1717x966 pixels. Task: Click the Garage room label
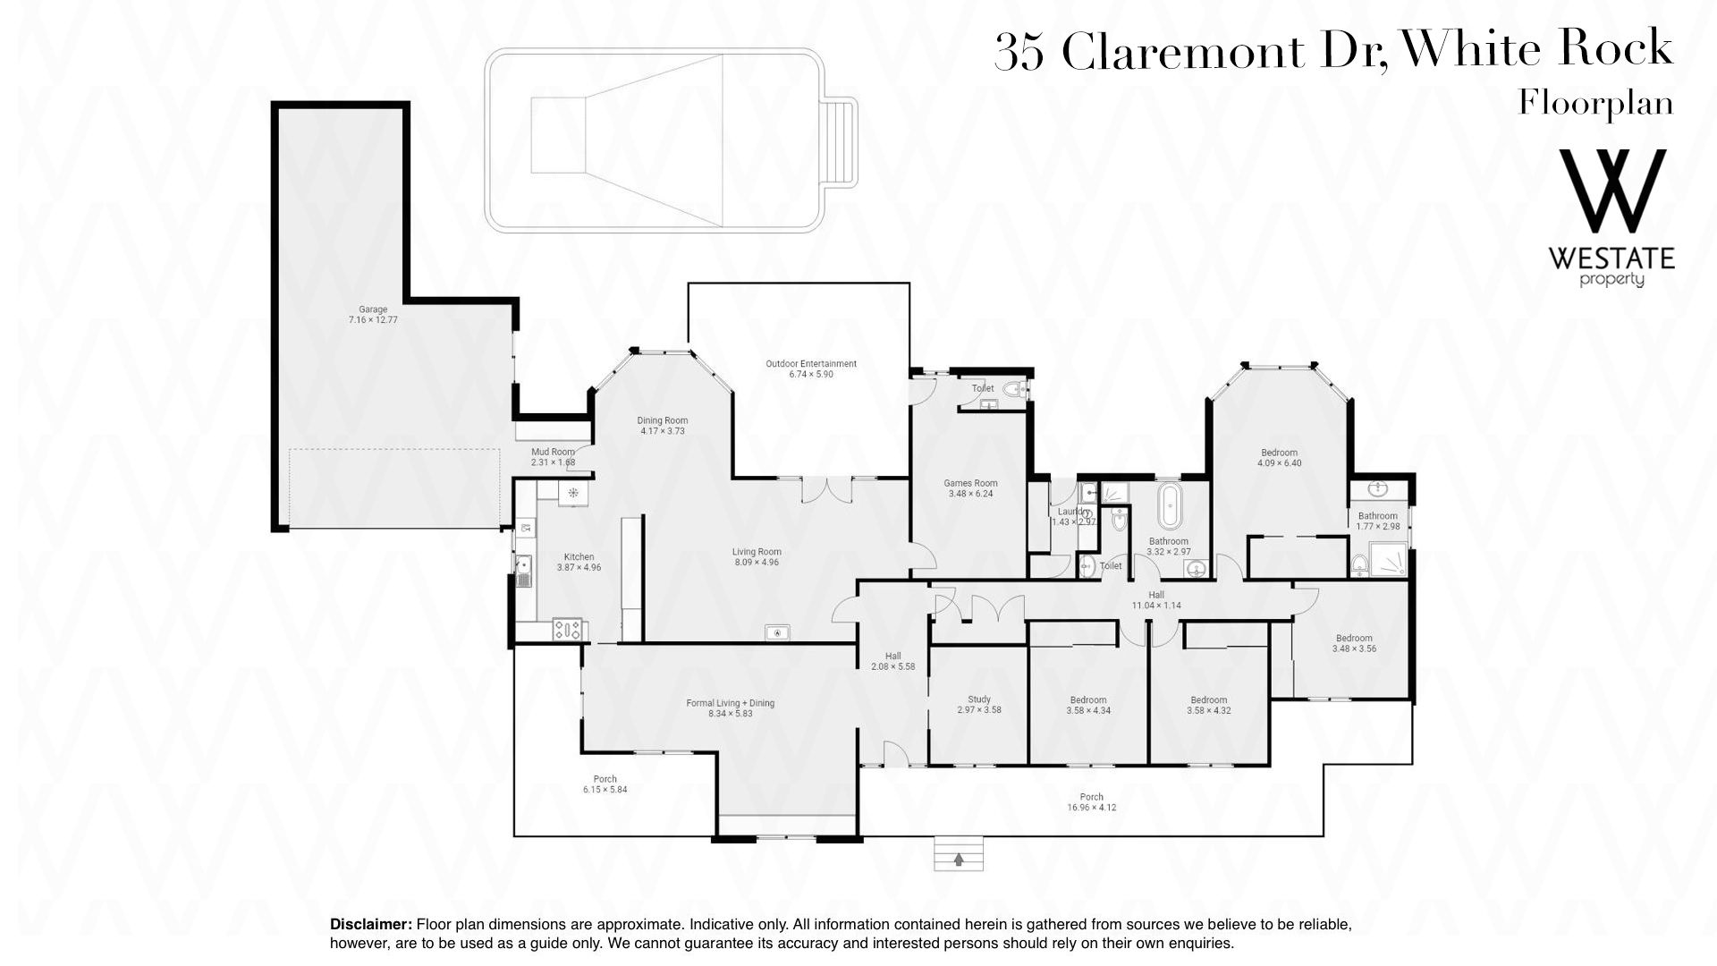(x=373, y=309)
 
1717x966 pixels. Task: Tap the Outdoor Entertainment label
(x=811, y=364)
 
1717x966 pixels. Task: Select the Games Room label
(x=970, y=483)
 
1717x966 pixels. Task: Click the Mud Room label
(x=553, y=452)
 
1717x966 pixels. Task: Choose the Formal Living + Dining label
(x=731, y=703)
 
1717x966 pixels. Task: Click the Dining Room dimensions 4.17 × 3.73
(x=663, y=431)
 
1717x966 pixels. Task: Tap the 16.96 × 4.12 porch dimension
(x=1092, y=808)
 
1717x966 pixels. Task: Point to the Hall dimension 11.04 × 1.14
(x=1156, y=606)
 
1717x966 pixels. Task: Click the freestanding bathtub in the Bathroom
(x=1168, y=506)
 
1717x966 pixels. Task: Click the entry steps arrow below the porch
(x=959, y=860)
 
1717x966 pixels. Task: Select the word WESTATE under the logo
(x=1611, y=259)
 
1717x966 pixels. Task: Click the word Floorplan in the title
(x=1595, y=105)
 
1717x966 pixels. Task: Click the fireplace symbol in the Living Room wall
(x=777, y=633)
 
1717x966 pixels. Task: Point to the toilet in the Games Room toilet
(x=1017, y=389)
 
